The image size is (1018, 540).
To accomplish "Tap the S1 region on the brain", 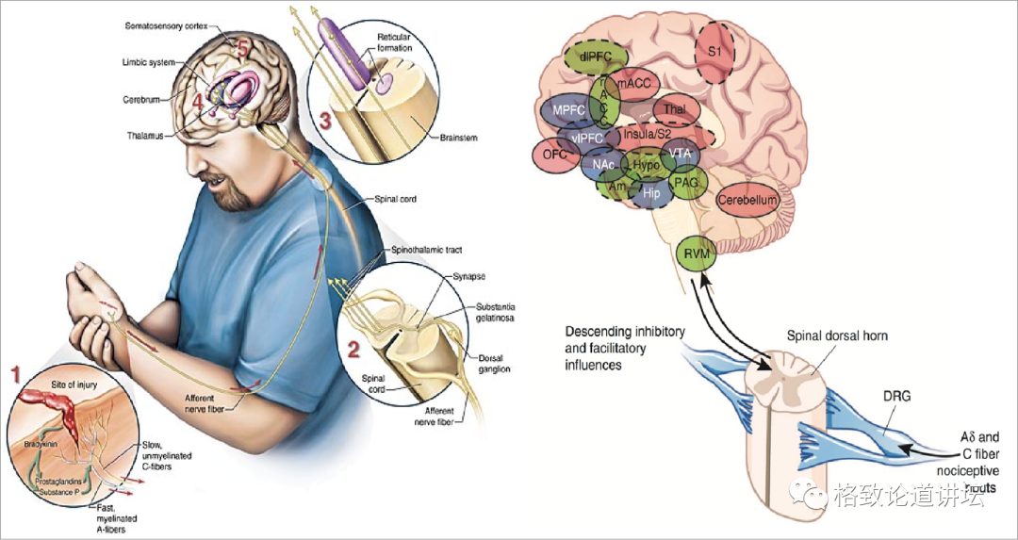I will pyautogui.click(x=714, y=53).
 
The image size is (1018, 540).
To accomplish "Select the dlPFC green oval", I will pyautogui.click(x=598, y=58).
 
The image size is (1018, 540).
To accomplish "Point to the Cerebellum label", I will pyautogui.click(x=747, y=200).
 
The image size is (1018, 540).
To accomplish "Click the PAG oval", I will pyautogui.click(x=685, y=182).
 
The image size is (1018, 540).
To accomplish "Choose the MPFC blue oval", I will pyautogui.click(x=569, y=110).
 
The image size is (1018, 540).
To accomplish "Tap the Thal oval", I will pyautogui.click(x=674, y=109).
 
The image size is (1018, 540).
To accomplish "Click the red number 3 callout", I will pyautogui.click(x=324, y=122).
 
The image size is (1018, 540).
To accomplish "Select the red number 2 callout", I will pyautogui.click(x=353, y=350).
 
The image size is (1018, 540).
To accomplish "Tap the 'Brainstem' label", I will pyautogui.click(x=459, y=138).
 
